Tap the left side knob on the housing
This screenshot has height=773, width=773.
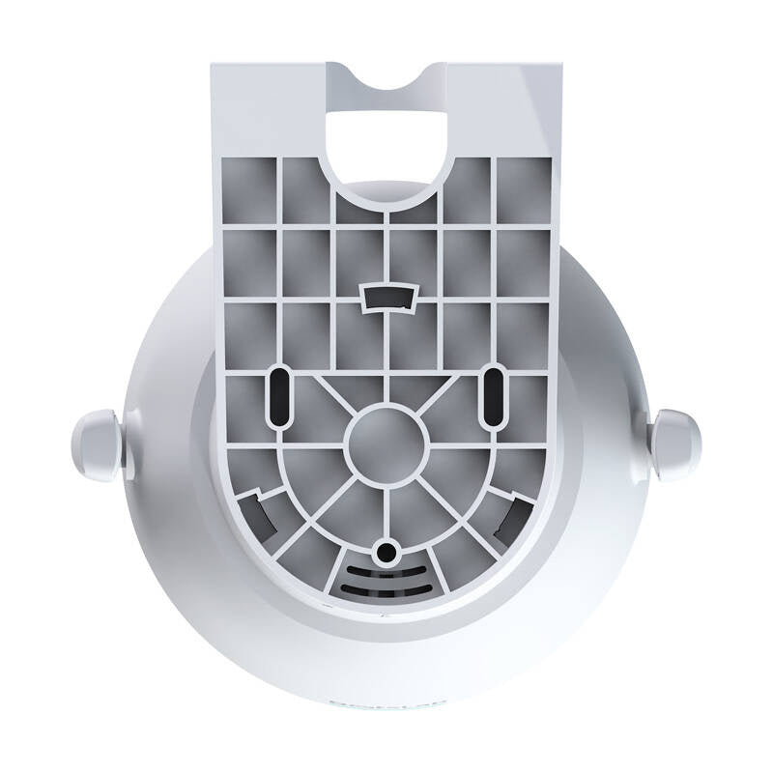pos(97,444)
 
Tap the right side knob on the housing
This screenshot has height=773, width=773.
pos(674,444)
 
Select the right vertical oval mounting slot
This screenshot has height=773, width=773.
pos(493,394)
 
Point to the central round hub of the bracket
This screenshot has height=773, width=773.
pos(386,445)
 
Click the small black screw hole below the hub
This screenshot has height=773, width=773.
pos(387,552)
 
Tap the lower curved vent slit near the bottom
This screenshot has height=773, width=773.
pos(386,587)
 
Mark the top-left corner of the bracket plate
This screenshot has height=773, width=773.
pos(215,68)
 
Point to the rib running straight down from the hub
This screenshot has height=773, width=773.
pos(387,512)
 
